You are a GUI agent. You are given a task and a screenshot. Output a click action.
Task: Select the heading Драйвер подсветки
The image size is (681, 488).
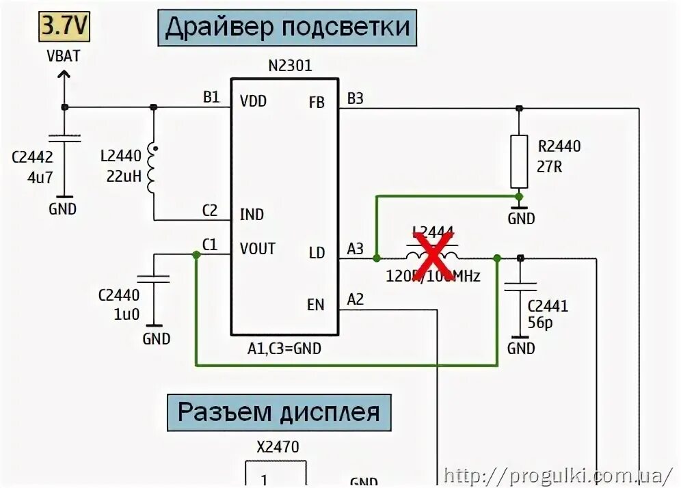click(x=288, y=27)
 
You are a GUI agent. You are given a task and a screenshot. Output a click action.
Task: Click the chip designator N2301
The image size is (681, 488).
click(x=289, y=66)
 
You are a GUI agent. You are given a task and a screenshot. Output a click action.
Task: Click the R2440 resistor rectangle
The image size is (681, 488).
click(x=520, y=161)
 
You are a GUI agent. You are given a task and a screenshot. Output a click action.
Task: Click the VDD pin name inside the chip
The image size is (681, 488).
click(x=253, y=102)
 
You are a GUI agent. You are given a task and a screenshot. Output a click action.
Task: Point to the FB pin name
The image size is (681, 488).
click(x=317, y=103)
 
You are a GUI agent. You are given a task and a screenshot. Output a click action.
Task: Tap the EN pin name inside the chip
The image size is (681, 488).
click(x=315, y=304)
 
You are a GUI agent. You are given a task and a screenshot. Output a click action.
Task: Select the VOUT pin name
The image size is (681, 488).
click(x=257, y=249)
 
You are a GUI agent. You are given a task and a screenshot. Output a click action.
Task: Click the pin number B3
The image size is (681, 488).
click(x=356, y=98)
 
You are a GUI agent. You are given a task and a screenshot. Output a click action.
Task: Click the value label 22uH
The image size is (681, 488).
click(x=124, y=176)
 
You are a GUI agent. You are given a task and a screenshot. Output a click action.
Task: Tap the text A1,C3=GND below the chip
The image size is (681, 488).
click(x=284, y=349)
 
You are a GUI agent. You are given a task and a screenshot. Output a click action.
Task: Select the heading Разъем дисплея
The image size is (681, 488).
click(x=279, y=412)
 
